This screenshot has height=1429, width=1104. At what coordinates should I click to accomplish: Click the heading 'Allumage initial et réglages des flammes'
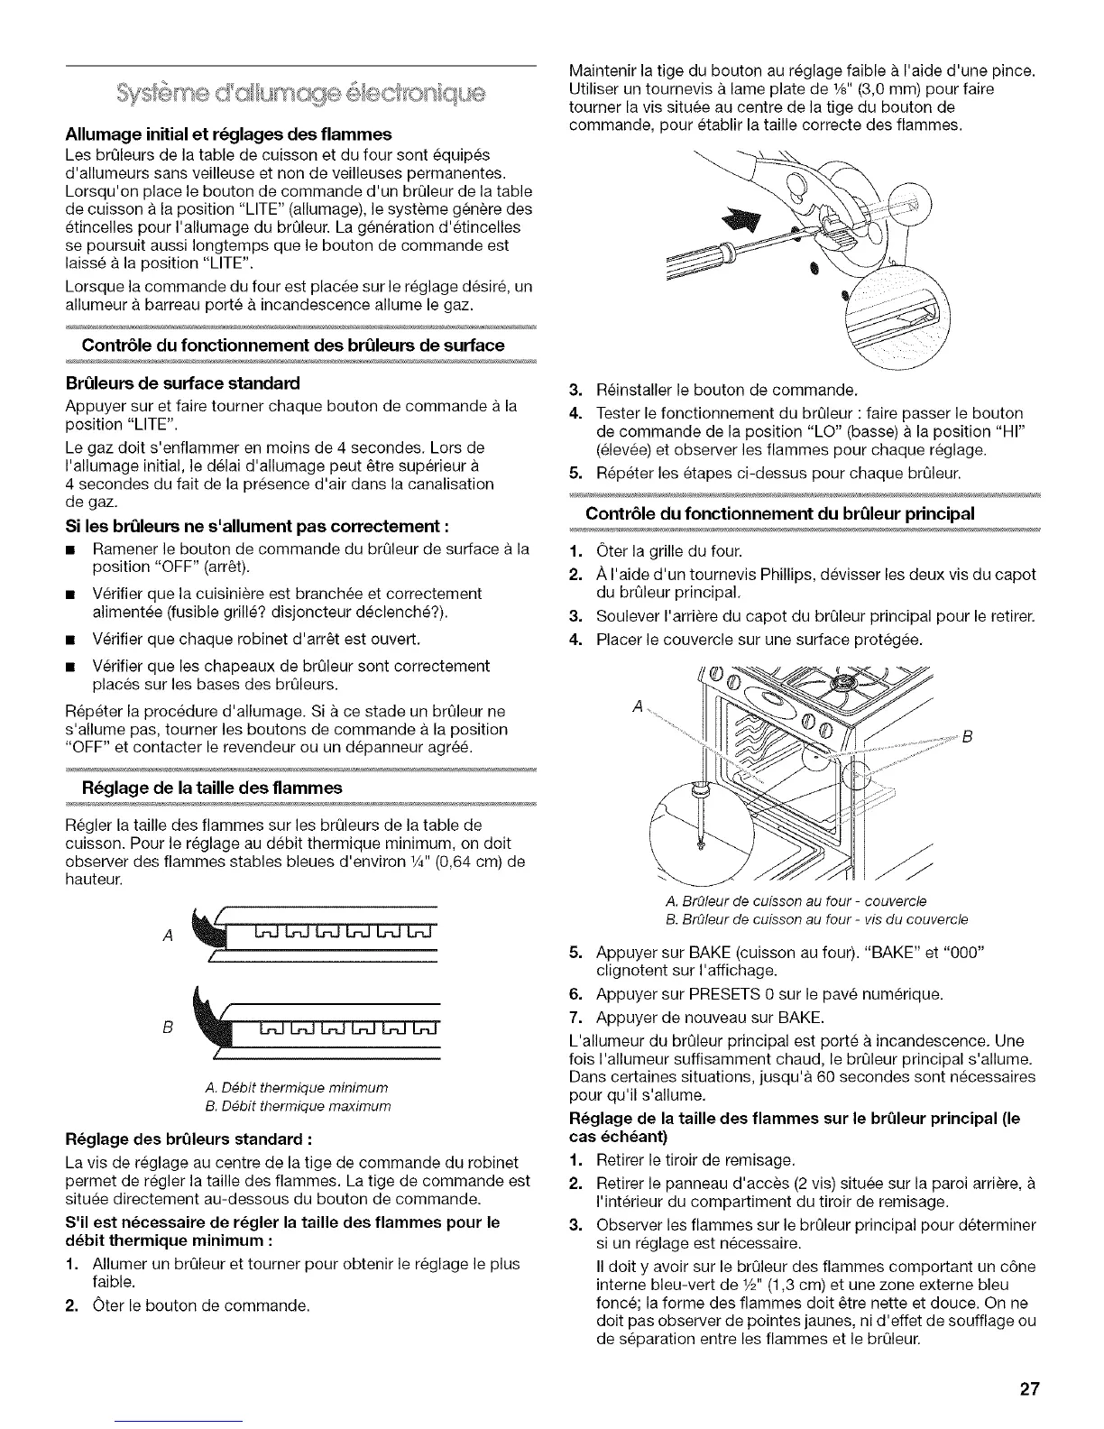[x=229, y=134]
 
